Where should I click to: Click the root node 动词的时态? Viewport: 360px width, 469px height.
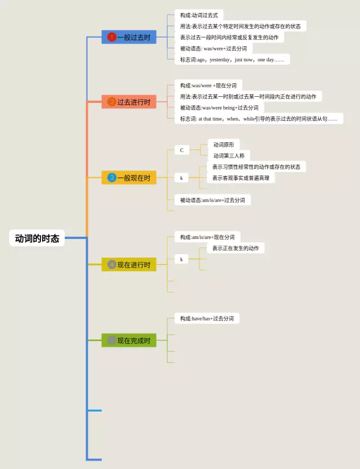[x=37, y=238]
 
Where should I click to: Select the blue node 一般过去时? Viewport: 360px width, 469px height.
[x=129, y=37]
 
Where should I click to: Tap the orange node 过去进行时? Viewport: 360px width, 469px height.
[x=129, y=102]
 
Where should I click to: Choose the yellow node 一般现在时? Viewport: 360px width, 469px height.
[x=129, y=178]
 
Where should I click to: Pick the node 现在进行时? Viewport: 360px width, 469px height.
[x=129, y=264]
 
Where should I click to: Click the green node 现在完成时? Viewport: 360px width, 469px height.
[x=129, y=340]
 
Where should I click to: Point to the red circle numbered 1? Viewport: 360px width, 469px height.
[x=111, y=37]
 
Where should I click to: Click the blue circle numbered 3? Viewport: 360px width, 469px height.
[x=111, y=178]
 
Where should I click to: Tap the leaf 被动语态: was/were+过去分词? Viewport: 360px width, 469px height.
[x=213, y=48]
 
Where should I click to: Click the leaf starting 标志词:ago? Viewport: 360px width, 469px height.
[x=232, y=60]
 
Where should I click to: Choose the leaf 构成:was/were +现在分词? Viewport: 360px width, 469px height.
[x=208, y=85]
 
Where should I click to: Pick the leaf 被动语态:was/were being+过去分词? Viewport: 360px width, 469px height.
[x=219, y=107]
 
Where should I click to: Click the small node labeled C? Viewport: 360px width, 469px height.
[x=182, y=150]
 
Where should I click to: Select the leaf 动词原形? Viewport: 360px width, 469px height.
[x=223, y=145]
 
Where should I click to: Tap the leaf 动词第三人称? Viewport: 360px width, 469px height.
[x=229, y=156]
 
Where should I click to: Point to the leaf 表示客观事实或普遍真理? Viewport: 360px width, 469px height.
[x=241, y=178]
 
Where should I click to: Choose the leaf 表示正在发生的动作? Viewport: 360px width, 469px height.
[x=236, y=248]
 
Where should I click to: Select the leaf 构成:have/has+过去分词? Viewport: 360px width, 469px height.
[x=206, y=318]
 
